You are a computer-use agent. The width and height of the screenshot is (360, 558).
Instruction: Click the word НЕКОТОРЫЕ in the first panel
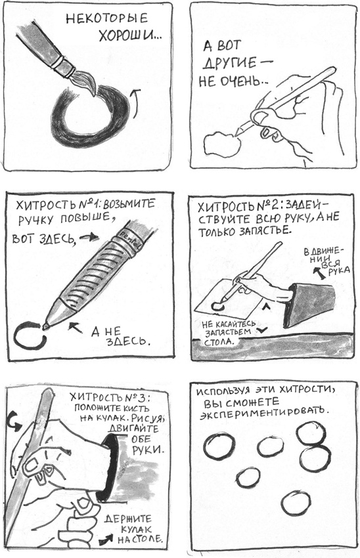click(x=106, y=18)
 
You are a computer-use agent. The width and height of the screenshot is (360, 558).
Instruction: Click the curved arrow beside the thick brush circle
click(x=135, y=103)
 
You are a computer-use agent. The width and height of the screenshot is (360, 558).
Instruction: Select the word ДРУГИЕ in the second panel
click(x=230, y=64)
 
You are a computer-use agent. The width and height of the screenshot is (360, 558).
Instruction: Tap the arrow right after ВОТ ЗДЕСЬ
click(x=89, y=237)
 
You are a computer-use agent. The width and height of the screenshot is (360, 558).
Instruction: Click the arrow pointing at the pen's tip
click(x=74, y=328)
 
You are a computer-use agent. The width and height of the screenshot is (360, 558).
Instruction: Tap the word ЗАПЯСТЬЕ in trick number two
click(x=264, y=231)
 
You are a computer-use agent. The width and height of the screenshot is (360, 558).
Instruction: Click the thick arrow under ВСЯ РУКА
click(x=319, y=273)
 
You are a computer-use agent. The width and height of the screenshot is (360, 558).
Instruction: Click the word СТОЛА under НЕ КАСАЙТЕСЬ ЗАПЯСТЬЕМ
click(x=219, y=341)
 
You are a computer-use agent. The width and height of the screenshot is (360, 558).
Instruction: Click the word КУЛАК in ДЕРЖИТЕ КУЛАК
click(x=136, y=529)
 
